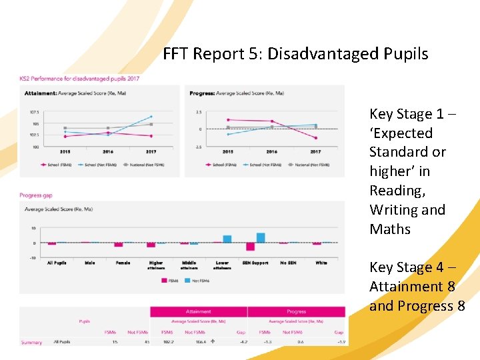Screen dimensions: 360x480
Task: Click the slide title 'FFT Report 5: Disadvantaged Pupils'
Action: [295, 54]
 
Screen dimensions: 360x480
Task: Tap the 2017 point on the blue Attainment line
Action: [151, 117]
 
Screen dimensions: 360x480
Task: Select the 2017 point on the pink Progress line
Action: [315, 138]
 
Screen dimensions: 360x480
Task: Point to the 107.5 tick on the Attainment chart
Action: [34, 112]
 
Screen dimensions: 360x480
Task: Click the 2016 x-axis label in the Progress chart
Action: [272, 152]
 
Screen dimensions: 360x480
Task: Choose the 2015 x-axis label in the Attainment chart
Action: [65, 152]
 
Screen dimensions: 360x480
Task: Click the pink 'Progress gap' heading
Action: [36, 195]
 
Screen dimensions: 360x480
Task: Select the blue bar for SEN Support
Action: [261, 237]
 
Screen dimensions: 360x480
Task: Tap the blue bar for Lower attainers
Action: [227, 239]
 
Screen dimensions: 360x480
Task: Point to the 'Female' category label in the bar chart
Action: [123, 263]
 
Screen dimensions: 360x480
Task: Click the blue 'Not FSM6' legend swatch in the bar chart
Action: [188, 281]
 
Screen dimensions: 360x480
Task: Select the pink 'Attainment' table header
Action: [198, 311]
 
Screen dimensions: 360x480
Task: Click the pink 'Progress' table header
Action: [296, 311]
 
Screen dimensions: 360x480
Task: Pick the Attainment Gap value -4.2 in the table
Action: [243, 342]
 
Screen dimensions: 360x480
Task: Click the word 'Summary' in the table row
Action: [31, 343]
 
